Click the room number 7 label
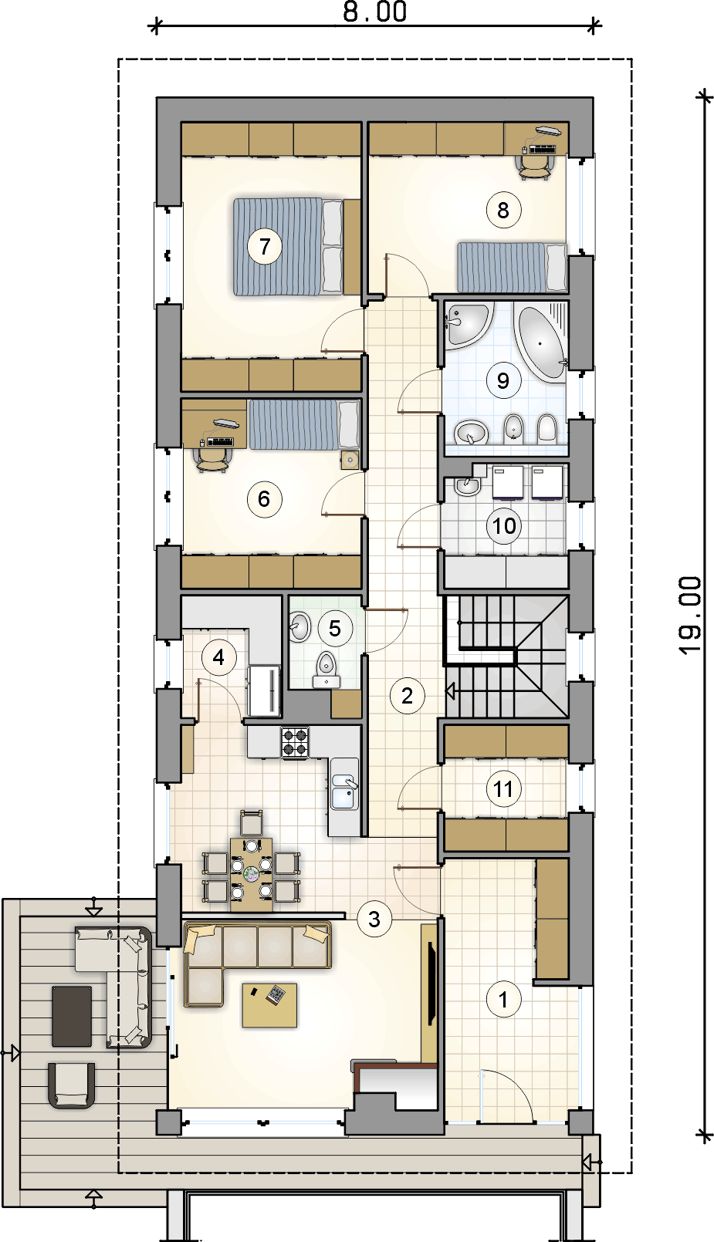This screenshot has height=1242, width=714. click(x=265, y=246)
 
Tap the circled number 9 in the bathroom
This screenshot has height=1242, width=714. click(x=503, y=380)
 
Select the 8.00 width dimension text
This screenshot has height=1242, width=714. click(x=375, y=12)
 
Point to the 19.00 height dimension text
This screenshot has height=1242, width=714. click(x=689, y=615)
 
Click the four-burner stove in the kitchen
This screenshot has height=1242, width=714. click(x=295, y=742)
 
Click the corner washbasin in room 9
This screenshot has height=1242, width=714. click(x=465, y=325)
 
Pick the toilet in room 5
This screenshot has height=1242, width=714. click(x=327, y=670)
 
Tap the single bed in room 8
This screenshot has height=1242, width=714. click(x=512, y=267)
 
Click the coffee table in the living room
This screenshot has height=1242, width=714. click(x=269, y=1005)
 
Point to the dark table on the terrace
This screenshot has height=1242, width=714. click(x=72, y=1016)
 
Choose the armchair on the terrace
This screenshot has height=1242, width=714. click(x=72, y=1085)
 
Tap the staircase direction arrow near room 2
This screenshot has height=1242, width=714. click(x=451, y=691)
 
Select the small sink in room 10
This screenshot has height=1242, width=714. click(x=466, y=485)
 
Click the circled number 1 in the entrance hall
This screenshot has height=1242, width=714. click(x=503, y=1000)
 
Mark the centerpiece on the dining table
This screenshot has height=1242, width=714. click(x=252, y=874)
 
